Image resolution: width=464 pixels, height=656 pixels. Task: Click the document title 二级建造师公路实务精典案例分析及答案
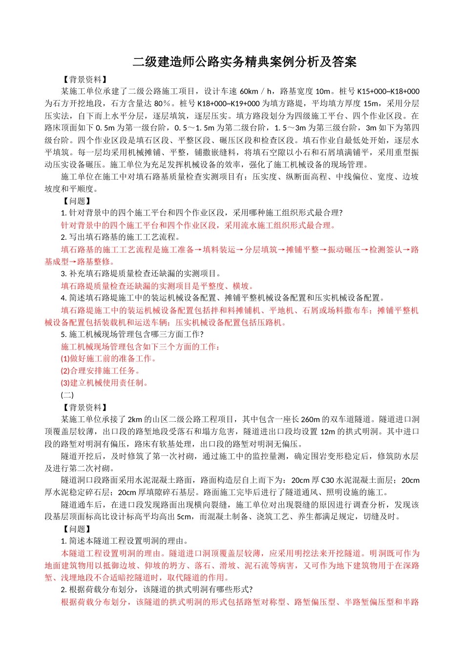click(x=245, y=62)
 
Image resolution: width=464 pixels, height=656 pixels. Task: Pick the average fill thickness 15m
click(x=371, y=103)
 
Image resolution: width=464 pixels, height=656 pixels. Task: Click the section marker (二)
click(x=67, y=395)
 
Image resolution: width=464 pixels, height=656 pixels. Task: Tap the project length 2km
click(x=135, y=419)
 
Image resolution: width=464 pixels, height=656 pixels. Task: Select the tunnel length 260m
click(x=311, y=419)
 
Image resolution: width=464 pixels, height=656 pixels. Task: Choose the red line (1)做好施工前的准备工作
click(x=108, y=359)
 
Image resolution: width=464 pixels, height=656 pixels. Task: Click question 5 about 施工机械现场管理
click(x=132, y=334)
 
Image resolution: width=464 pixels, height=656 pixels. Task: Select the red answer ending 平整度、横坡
click(x=157, y=286)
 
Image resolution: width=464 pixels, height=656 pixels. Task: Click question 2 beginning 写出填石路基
click(x=120, y=237)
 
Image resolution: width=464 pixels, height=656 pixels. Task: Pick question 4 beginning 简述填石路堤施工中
click(x=223, y=298)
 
